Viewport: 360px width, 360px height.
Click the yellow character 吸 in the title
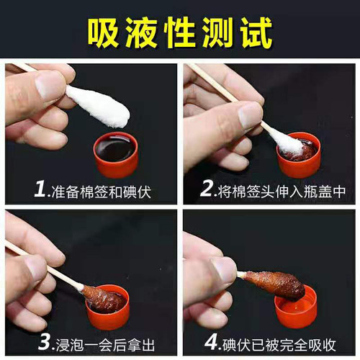coord(104,32)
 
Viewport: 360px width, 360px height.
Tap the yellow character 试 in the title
coord(257,32)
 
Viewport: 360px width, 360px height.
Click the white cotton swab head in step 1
coord(98,106)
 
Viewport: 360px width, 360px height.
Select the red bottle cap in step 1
coord(116,155)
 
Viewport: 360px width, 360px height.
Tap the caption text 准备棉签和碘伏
coord(101,192)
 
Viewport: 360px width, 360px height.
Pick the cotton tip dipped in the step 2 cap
coord(286,142)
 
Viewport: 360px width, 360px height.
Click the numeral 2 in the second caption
coord(207,189)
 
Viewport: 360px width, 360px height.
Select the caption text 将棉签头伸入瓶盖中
coord(282,192)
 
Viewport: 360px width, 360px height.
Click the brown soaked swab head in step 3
coord(103,300)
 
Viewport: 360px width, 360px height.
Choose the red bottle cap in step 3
coord(108,307)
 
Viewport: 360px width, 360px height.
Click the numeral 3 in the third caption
coord(45,343)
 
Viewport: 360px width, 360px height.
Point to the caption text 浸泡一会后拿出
coord(105,345)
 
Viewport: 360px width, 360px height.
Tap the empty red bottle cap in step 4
coord(297,307)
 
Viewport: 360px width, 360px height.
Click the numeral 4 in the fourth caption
coord(211,343)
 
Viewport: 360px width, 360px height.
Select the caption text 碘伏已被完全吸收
coord(279,345)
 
